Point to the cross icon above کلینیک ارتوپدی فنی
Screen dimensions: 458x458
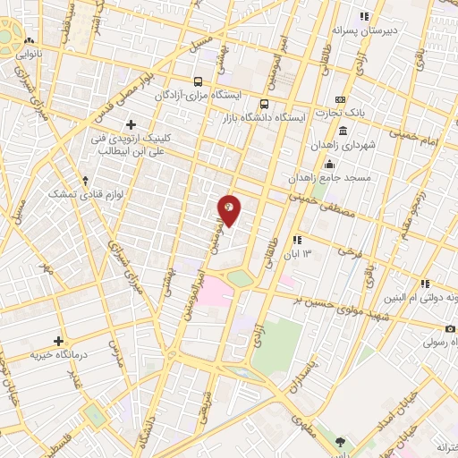tap(131, 123)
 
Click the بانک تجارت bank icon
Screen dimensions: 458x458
tap(340, 99)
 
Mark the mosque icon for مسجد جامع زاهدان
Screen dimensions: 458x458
tap(329, 164)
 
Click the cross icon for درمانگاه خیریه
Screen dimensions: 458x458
tap(59, 341)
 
